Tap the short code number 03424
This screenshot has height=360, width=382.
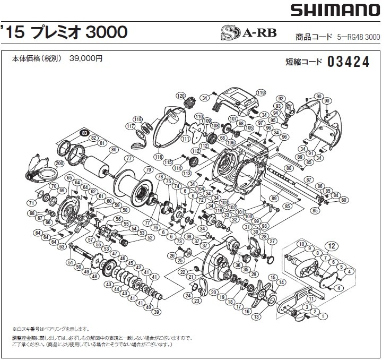349,62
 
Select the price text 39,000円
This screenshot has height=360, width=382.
85,59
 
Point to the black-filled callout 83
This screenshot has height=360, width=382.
84,133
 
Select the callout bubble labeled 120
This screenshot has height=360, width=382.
180,96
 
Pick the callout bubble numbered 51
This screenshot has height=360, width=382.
70,262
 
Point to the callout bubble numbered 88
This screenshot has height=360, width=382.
289,168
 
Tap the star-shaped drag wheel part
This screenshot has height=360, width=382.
263,294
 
